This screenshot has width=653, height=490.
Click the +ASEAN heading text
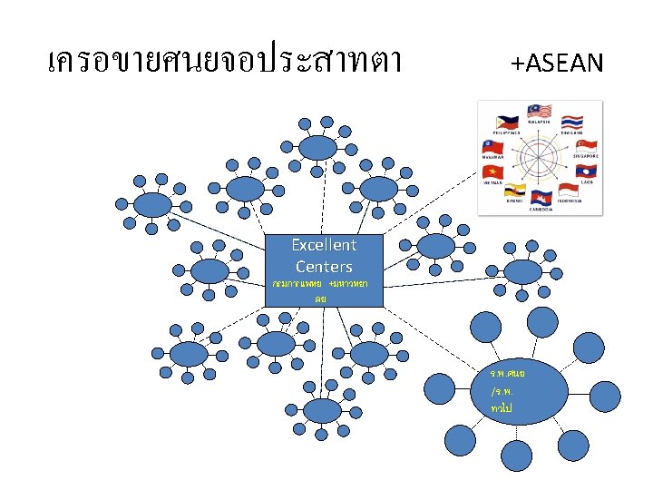tap(556, 63)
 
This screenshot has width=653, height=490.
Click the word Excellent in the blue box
tap(324, 245)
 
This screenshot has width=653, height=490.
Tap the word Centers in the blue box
tap(324, 267)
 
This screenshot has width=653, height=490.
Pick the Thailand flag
tap(571, 122)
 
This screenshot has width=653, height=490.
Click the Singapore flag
tap(585, 146)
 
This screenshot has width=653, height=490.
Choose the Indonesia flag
tap(569, 191)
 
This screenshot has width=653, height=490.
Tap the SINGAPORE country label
tap(586, 156)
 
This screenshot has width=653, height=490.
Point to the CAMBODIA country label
tap(541, 208)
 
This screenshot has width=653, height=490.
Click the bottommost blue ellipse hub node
tap(323, 411)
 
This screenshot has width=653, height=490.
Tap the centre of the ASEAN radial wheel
tap(541, 159)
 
